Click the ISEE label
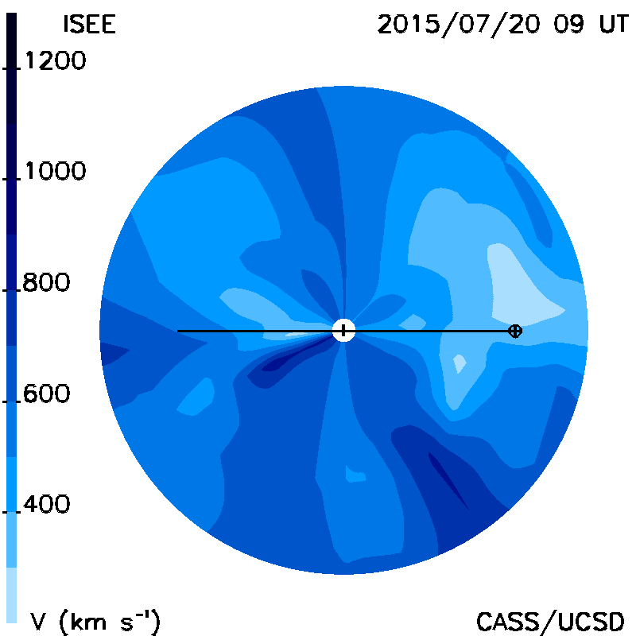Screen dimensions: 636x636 (x=90, y=25)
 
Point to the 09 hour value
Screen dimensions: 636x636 (x=568, y=25)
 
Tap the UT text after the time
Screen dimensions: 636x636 (x=614, y=25)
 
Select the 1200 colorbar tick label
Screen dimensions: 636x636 (x=56, y=61)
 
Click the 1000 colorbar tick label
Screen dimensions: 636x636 (x=56, y=171)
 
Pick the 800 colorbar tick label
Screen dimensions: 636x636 (x=46, y=282)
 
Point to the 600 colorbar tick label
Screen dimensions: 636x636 (x=46, y=394)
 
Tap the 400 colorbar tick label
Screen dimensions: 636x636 (x=46, y=504)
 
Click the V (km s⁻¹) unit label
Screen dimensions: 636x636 (x=95, y=622)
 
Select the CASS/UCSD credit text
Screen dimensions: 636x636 (x=550, y=622)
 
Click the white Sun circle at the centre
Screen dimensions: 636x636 (x=343, y=331)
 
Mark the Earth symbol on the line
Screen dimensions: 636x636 (x=515, y=331)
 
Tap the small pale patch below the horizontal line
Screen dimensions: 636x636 (x=460, y=363)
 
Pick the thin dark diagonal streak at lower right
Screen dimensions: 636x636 (x=448, y=481)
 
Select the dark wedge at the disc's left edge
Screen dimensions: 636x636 (x=114, y=353)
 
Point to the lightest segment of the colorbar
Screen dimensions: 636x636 (x=11, y=595)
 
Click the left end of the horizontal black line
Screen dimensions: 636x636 (x=177, y=332)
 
